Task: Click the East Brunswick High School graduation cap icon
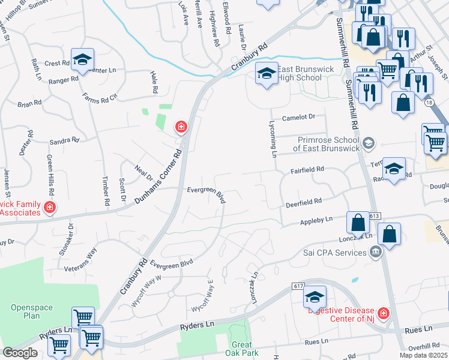(267, 74)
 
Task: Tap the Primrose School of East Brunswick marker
(369, 143)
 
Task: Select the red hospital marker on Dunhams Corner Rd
(180, 127)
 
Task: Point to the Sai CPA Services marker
(376, 251)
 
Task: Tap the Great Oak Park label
(242, 349)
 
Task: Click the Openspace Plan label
(32, 311)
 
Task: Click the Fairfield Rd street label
(308, 170)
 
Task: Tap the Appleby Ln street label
(316, 221)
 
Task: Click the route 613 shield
(375, 215)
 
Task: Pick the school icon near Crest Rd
(82, 59)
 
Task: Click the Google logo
(20, 353)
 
